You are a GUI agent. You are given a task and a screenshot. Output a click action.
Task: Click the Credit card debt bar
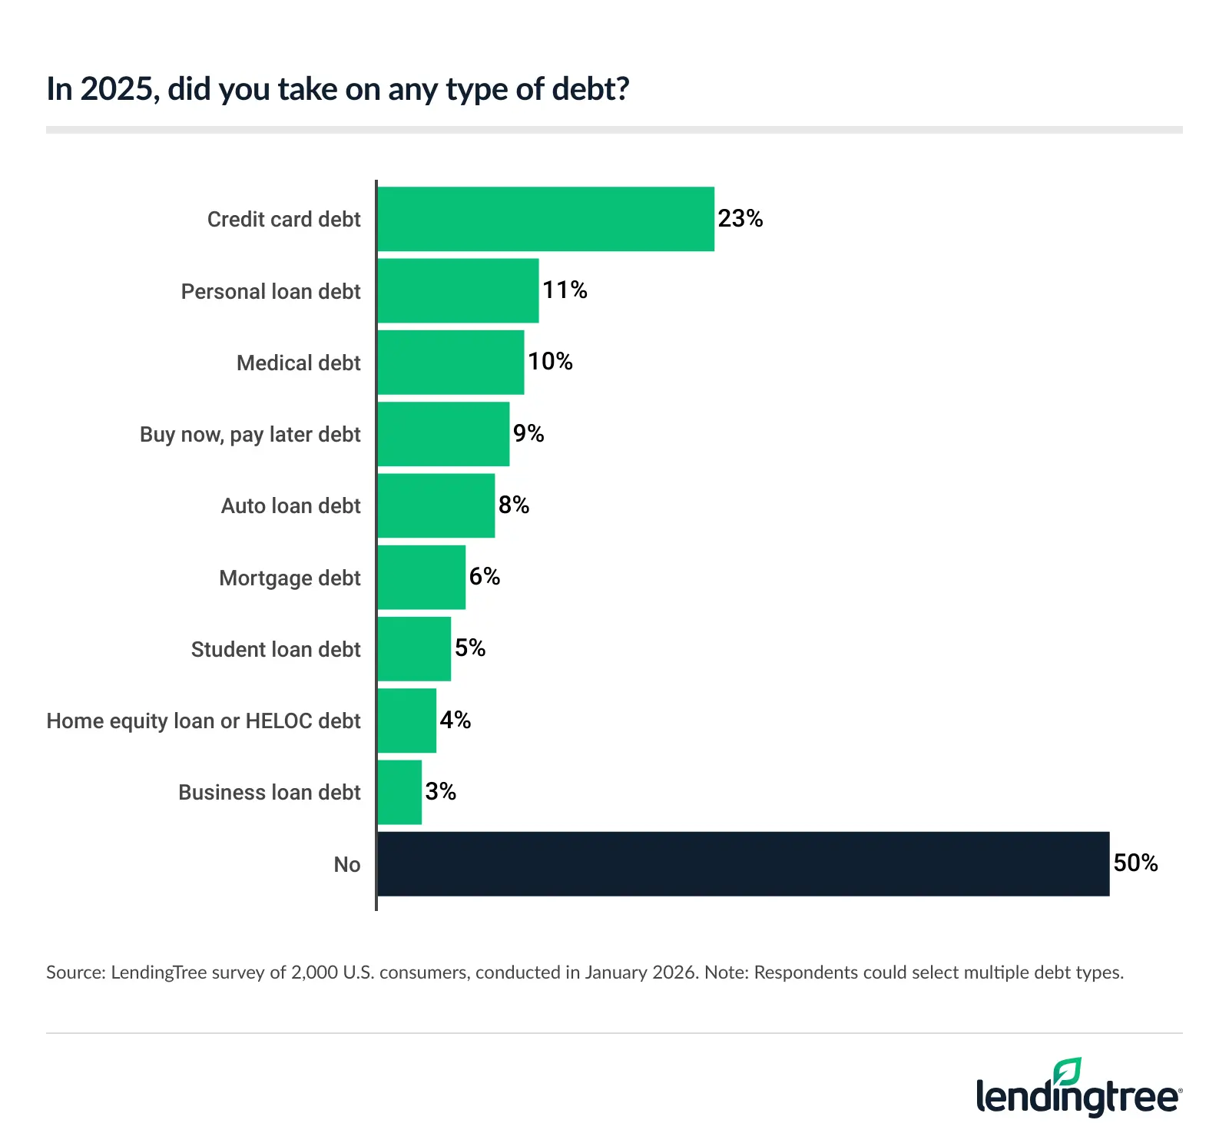(545, 219)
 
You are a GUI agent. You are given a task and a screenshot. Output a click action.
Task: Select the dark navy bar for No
(743, 863)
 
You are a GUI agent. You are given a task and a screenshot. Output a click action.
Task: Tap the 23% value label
(740, 219)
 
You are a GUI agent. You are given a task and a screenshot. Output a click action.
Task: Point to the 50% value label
(1135, 863)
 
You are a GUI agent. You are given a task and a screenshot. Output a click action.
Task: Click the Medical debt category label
(298, 363)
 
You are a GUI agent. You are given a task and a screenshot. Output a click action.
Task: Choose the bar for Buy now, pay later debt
(443, 434)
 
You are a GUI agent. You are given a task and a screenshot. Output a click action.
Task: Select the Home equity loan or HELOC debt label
(204, 721)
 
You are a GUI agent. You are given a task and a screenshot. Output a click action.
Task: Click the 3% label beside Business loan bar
(440, 791)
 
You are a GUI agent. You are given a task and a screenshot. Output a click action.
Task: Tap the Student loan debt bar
(414, 649)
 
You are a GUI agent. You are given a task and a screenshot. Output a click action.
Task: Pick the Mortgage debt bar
(421, 578)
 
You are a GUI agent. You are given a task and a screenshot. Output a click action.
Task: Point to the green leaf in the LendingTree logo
(1068, 1071)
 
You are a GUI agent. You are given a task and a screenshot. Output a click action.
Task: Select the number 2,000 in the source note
(314, 972)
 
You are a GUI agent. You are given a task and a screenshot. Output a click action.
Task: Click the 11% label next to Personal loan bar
(565, 290)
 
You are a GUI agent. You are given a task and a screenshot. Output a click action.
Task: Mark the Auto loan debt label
(290, 505)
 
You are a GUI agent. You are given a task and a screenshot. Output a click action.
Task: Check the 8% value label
(513, 505)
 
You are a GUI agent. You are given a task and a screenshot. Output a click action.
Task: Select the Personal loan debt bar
(458, 290)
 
